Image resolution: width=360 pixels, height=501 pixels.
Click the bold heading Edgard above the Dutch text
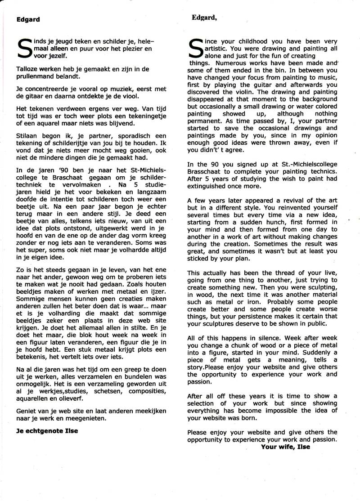[28, 19]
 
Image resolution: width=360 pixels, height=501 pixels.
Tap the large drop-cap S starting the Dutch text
[23, 50]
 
